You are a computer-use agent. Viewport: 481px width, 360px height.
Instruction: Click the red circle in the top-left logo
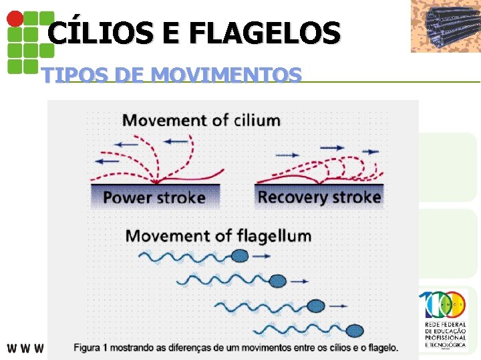click(14, 19)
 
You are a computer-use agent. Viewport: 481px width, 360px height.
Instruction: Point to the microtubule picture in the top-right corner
click(445, 26)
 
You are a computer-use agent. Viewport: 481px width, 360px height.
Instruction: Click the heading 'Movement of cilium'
click(201, 121)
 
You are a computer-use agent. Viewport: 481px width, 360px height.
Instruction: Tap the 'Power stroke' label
click(154, 197)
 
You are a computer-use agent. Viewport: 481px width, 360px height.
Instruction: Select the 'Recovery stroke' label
click(319, 197)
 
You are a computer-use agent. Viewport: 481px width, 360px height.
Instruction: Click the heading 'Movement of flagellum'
click(218, 236)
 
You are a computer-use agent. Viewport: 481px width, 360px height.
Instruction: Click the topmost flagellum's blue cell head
click(239, 256)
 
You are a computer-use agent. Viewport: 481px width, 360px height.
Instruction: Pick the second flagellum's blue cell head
click(278, 281)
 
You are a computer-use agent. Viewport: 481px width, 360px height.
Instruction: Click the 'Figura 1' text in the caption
click(94, 347)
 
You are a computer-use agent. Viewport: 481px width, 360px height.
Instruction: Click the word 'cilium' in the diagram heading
click(257, 121)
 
